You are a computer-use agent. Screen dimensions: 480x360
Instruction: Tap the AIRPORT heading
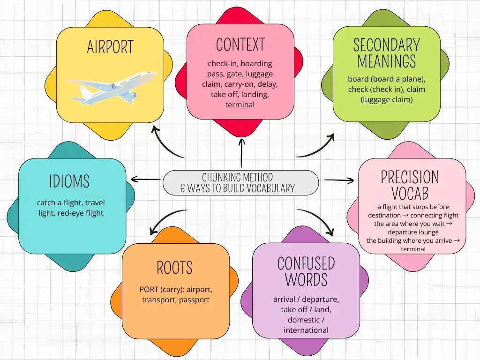[110, 47]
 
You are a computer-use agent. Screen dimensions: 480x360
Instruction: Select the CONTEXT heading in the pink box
[240, 45]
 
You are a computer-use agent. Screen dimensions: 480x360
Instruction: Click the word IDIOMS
[69, 181]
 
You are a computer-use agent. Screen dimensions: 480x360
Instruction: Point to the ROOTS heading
[174, 268]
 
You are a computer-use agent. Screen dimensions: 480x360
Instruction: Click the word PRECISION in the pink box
[410, 177]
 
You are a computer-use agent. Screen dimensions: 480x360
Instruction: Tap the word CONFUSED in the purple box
[306, 263]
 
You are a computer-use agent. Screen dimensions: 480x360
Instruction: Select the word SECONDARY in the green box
[387, 45]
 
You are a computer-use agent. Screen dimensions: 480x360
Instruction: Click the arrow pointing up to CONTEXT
[242, 153]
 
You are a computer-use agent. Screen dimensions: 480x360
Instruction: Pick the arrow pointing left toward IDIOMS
[146, 179]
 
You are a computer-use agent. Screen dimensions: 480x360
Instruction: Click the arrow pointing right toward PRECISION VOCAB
[339, 180]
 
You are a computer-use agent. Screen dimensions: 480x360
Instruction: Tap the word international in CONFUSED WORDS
[306, 330]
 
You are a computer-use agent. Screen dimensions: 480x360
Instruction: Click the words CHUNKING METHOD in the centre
[237, 177]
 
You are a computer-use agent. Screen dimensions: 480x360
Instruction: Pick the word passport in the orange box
[195, 300]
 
